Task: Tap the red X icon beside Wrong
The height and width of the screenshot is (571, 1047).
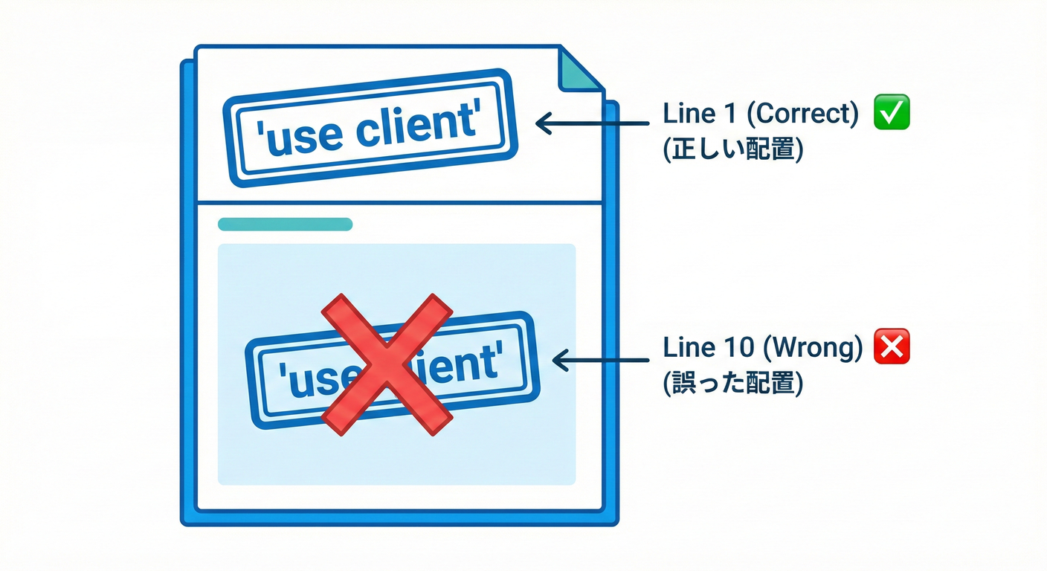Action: [892, 347]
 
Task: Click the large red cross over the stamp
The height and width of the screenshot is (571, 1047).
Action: [386, 364]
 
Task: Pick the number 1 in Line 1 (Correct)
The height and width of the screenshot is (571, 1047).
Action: [732, 114]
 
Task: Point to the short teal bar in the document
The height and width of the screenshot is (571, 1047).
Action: [285, 225]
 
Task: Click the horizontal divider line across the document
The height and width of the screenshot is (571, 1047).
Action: [399, 202]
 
